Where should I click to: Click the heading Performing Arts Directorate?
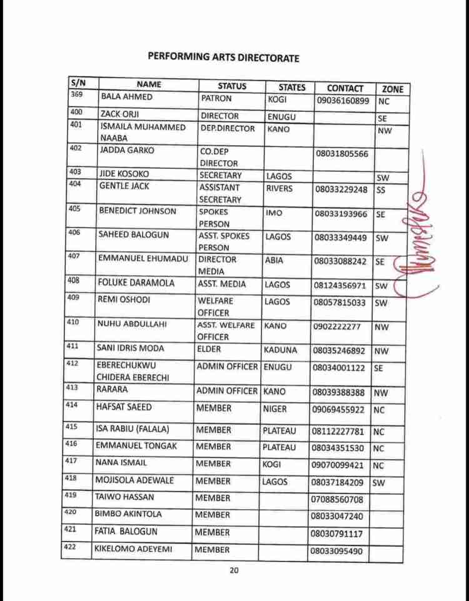[x=223, y=58]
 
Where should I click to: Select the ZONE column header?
[x=392, y=89]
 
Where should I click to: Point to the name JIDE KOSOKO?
[x=124, y=174]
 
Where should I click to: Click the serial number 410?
[x=73, y=323]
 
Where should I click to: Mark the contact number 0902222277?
[x=339, y=326]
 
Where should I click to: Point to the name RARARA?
[x=111, y=388]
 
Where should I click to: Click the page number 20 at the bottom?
[x=234, y=570]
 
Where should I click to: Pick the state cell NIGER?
[x=275, y=408]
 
